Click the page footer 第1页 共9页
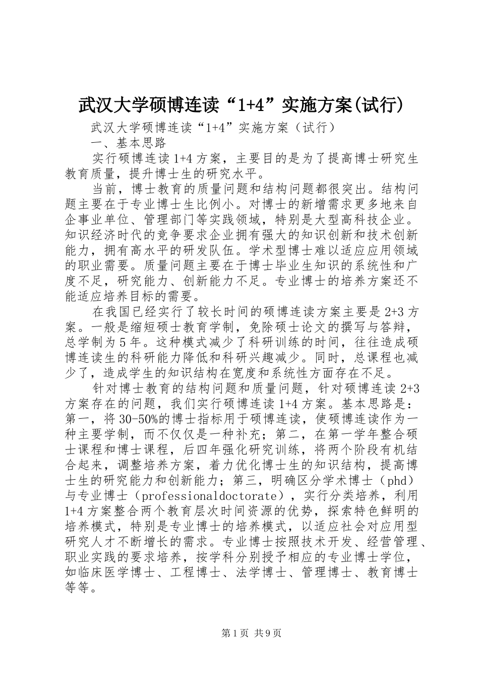pos(239,634)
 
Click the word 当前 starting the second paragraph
pos(104,189)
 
